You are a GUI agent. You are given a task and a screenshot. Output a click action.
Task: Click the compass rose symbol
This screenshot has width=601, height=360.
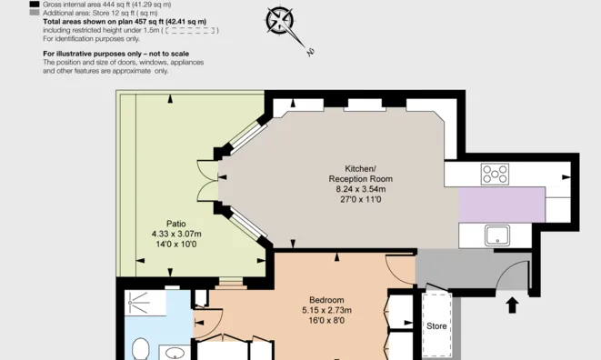point(280,20)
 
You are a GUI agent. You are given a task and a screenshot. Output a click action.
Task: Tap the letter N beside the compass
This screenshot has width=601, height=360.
point(309,52)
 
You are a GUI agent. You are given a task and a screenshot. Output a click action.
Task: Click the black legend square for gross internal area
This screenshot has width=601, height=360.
point(35,4)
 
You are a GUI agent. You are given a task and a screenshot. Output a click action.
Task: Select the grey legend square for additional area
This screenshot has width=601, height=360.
point(35,12)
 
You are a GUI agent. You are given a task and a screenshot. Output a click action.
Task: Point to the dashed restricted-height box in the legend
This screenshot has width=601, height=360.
point(194,30)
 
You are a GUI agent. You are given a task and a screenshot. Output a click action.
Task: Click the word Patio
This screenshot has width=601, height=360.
point(176,223)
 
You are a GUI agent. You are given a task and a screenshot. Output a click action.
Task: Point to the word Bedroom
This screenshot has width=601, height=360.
point(326,300)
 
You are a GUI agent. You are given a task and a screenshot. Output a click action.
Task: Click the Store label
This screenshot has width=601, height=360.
point(437,325)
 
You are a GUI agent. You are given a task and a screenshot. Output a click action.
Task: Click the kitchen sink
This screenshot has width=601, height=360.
point(496,235)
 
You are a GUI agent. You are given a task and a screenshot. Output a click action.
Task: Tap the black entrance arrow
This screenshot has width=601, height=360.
point(512,304)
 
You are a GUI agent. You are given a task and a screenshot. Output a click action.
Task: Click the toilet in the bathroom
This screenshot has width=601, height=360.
point(140,348)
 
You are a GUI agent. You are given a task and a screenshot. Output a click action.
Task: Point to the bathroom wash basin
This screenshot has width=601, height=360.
point(176,353)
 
